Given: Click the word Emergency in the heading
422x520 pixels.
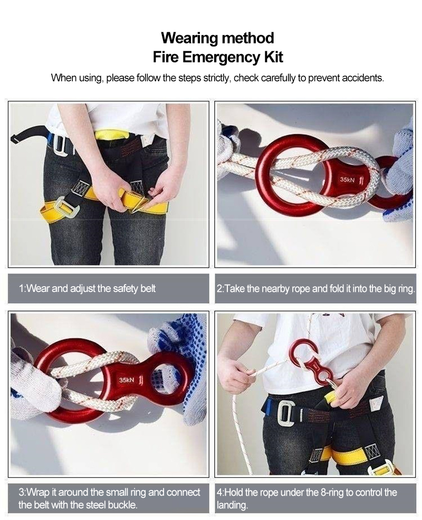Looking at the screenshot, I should point(222,56).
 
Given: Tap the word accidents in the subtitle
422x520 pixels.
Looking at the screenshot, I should point(365,78).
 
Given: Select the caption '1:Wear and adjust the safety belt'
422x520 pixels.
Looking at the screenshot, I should point(87,289).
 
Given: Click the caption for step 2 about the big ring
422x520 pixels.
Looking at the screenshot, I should point(316,289).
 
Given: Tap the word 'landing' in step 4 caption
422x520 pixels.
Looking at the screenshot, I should point(232,505).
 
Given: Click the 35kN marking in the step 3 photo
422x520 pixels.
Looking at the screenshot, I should point(127,380).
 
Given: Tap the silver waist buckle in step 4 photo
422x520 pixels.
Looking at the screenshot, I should point(285,413).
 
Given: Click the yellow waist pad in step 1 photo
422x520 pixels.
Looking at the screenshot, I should point(112,135).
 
